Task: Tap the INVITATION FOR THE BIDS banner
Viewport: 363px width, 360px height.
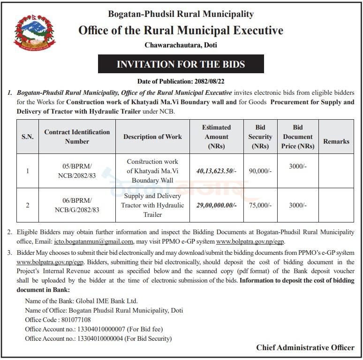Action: (181, 64)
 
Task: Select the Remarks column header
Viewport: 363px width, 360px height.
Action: (336, 141)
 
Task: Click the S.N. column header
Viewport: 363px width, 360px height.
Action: (28, 137)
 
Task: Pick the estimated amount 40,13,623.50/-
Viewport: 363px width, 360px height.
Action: (216, 171)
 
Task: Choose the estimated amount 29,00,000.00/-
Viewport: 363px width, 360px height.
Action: (216, 206)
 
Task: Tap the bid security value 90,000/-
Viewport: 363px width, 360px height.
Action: (260, 171)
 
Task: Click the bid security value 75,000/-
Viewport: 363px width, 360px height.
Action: (260, 206)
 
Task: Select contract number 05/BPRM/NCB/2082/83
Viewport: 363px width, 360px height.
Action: (77, 171)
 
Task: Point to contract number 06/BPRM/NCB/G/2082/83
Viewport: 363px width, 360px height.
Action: (77, 206)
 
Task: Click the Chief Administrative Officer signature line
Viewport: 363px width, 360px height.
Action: (305, 348)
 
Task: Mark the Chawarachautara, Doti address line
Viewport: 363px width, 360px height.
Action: (181, 46)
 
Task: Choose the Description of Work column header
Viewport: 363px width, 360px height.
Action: (152, 137)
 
